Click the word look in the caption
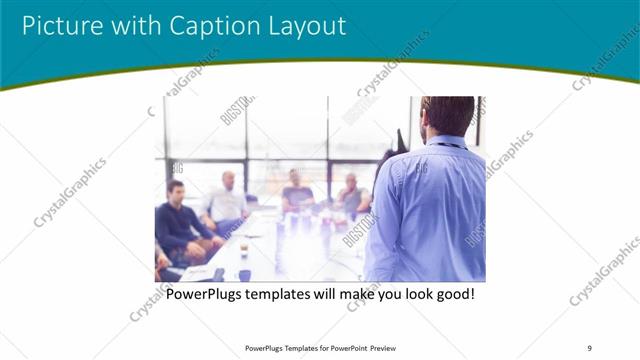pyautogui.click(x=405, y=295)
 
